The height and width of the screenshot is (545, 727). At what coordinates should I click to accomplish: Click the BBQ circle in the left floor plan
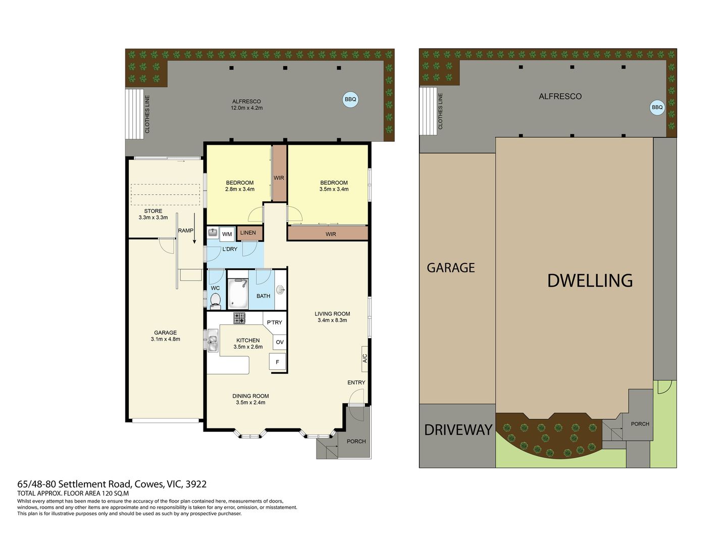pyautogui.click(x=350, y=99)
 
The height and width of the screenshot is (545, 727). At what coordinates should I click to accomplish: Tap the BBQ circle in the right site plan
pyautogui.click(x=657, y=107)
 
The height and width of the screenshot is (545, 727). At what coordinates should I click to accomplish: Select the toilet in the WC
pyautogui.click(x=215, y=300)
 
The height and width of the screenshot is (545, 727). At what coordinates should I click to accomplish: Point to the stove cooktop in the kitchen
pyautogui.click(x=239, y=318)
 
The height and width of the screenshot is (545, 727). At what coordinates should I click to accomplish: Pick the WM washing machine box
pyautogui.click(x=227, y=234)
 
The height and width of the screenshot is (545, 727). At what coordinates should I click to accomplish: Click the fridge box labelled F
pyautogui.click(x=277, y=362)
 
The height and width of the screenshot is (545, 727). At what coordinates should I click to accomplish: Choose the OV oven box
pyautogui.click(x=280, y=342)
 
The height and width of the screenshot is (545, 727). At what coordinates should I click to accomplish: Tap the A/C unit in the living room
pyautogui.click(x=365, y=359)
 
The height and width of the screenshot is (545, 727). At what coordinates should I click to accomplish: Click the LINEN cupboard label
pyautogui.click(x=248, y=233)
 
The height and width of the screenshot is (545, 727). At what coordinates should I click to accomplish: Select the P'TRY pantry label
pyautogui.click(x=274, y=322)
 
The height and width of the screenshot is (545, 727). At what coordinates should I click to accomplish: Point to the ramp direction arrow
pyautogui.click(x=194, y=228)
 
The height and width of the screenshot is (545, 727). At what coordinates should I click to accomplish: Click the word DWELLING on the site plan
pyautogui.click(x=590, y=281)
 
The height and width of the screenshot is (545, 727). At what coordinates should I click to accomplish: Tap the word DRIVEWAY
pyautogui.click(x=458, y=430)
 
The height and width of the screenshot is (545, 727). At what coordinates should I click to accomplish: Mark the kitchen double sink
pyautogui.click(x=213, y=340)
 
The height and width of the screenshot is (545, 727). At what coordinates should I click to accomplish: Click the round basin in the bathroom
pyautogui.click(x=281, y=290)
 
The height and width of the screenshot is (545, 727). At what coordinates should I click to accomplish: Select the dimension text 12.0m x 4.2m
pyautogui.click(x=247, y=108)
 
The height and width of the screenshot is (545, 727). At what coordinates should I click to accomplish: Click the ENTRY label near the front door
pyautogui.click(x=356, y=382)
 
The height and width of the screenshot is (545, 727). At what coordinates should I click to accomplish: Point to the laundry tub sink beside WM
pyautogui.click(x=213, y=232)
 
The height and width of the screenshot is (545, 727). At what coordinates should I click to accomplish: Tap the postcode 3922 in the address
pyautogui.click(x=196, y=484)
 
